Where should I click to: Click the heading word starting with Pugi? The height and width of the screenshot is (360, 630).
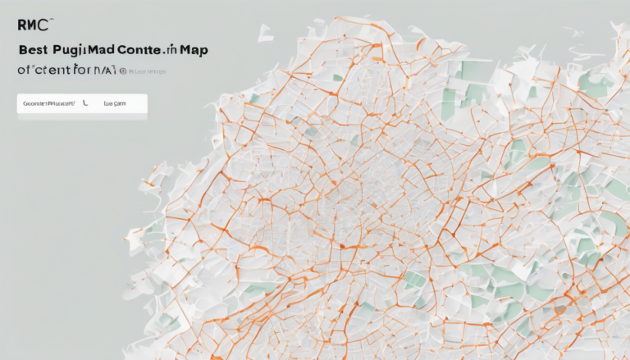[84, 51]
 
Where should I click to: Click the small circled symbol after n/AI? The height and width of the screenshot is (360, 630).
[122, 72]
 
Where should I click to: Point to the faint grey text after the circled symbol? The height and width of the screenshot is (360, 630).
[148, 72]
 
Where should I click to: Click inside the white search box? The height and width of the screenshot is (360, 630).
[82, 105]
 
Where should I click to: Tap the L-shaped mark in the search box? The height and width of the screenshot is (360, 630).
[84, 104]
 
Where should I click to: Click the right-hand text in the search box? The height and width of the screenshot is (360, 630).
[115, 105]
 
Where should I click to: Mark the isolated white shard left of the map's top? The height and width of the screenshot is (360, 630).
[266, 33]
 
